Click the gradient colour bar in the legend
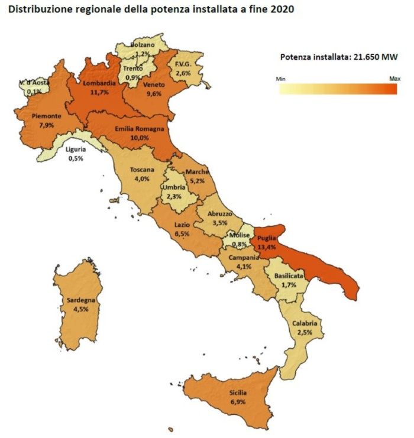point(338,89)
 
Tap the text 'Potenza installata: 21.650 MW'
point(338,57)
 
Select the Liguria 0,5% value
point(75,158)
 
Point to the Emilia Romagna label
point(139,128)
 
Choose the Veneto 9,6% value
point(154,93)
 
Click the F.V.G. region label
point(181,64)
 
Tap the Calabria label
point(305,323)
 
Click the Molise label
point(240,235)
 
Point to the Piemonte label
point(33,116)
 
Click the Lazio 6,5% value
point(182,234)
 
